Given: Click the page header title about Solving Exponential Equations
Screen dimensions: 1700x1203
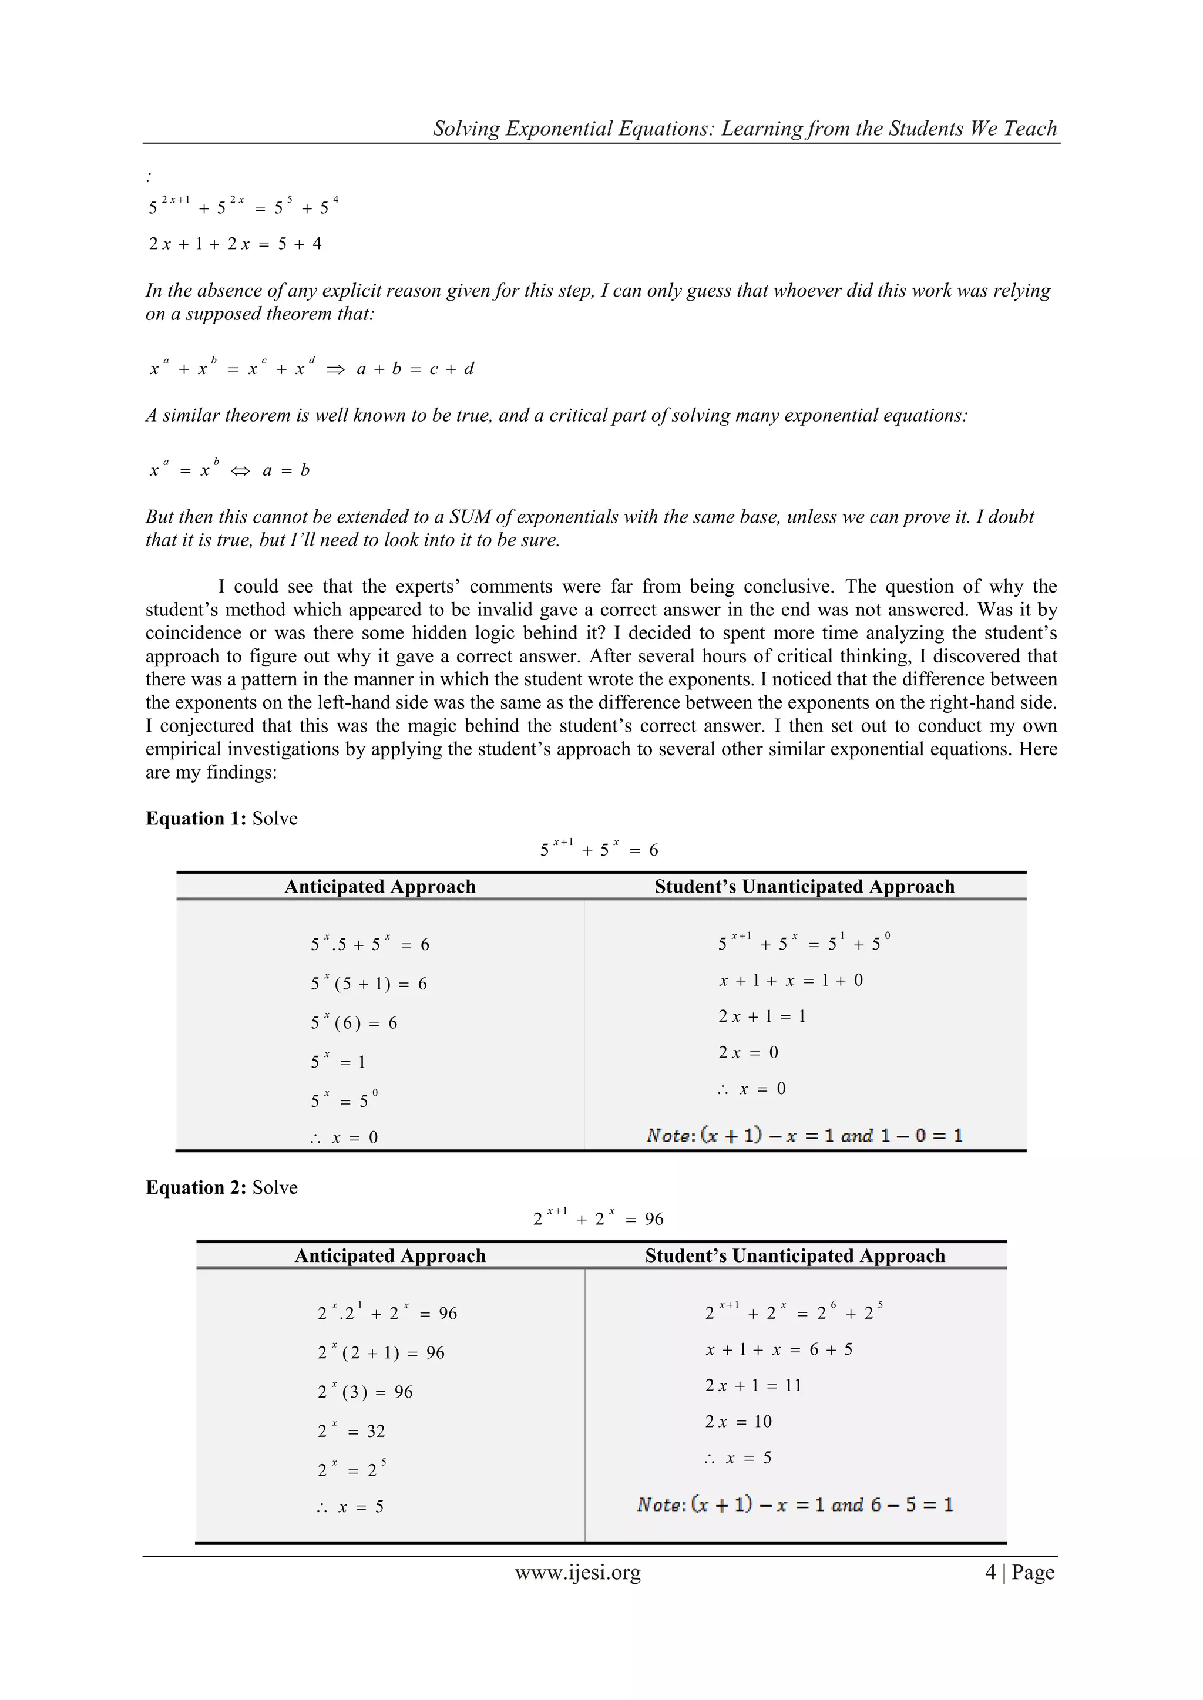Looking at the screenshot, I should [x=744, y=128].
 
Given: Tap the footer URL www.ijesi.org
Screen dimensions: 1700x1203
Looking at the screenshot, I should [x=578, y=1572].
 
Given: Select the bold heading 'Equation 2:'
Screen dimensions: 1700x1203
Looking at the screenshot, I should [x=196, y=1187].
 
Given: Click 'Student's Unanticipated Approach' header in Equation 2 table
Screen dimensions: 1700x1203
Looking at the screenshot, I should [x=795, y=1255].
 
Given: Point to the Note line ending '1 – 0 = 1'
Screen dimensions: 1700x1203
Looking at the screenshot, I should [x=805, y=1135].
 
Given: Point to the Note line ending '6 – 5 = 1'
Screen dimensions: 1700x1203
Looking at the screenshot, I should [x=795, y=1504].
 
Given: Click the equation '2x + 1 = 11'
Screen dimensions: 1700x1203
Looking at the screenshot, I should [x=752, y=1385].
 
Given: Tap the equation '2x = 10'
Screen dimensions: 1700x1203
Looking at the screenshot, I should [x=738, y=1422].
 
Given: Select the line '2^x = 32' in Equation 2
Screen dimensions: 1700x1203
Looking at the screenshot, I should [x=351, y=1430].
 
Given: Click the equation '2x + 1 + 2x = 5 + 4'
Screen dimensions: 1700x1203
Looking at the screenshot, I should [x=236, y=244].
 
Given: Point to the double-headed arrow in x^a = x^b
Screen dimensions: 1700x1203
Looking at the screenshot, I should [x=240, y=471].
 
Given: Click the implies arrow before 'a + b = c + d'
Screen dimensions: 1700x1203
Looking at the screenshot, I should [x=335, y=369].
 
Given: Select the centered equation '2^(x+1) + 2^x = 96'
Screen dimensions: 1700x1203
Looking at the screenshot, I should [x=598, y=1218].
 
